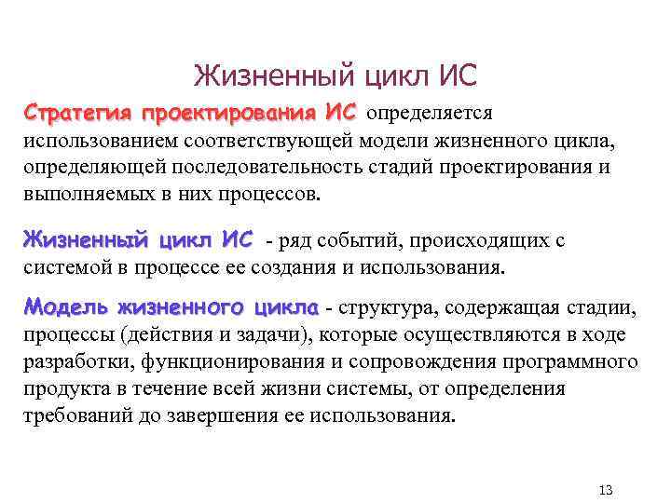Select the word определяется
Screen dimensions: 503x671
[430, 115]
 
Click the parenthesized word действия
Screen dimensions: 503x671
[177, 335]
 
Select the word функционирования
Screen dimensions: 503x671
[234, 361]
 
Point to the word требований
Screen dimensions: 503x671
[75, 415]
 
